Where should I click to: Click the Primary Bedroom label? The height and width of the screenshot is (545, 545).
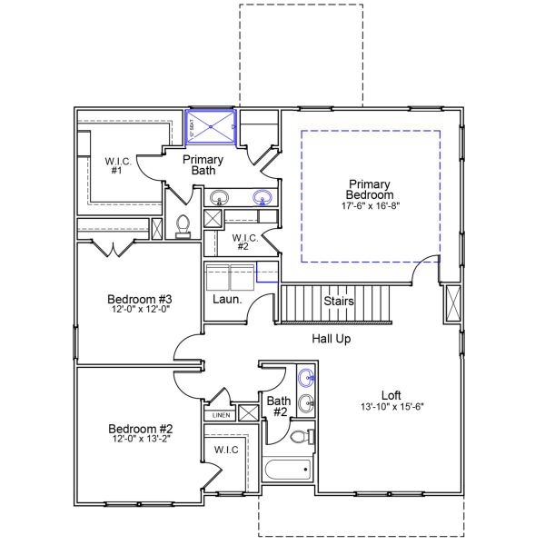tap(371, 189)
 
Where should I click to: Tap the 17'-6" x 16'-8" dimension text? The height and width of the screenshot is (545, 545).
tap(371, 206)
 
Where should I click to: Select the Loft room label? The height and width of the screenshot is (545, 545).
tap(391, 395)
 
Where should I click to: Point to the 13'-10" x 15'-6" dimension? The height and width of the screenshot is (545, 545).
tap(391, 407)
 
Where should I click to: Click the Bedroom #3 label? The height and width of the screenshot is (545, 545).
tap(140, 300)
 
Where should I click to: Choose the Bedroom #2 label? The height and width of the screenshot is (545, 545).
tap(140, 429)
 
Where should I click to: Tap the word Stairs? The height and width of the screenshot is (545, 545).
tap(339, 301)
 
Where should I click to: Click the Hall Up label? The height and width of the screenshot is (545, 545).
tap(332, 339)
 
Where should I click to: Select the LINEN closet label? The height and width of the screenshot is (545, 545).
tap(221, 415)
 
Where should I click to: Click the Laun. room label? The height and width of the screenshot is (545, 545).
tap(226, 299)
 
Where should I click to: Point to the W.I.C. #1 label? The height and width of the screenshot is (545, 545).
tap(118, 165)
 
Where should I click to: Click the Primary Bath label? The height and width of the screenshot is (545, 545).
tap(203, 164)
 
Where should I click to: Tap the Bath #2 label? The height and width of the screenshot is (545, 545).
tap(278, 406)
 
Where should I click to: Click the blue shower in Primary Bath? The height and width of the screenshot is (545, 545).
tap(211, 127)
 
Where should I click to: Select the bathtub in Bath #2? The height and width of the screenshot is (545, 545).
tap(288, 470)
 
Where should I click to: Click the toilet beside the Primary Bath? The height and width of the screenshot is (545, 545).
tap(182, 224)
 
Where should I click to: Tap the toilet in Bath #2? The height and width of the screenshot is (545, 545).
tap(302, 438)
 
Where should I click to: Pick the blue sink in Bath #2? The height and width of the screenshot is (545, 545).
tap(307, 378)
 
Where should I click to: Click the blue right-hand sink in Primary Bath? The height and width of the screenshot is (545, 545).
tap(263, 197)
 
